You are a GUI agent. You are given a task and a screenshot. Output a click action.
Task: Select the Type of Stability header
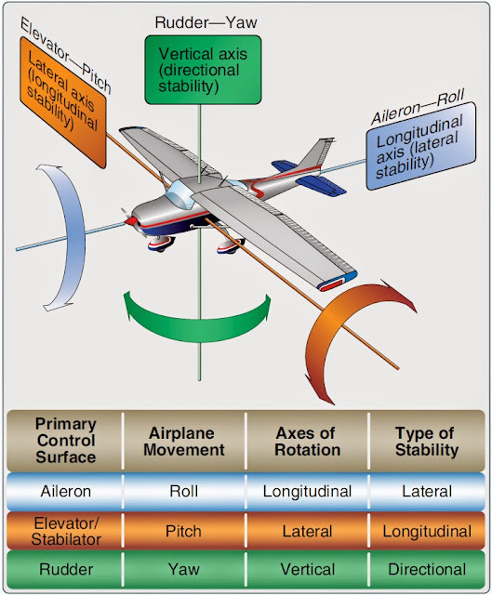427,442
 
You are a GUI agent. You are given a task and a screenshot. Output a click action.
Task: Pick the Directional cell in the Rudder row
427,569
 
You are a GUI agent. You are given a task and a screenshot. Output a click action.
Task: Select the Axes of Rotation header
307,442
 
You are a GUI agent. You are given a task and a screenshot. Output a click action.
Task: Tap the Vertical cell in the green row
307,569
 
